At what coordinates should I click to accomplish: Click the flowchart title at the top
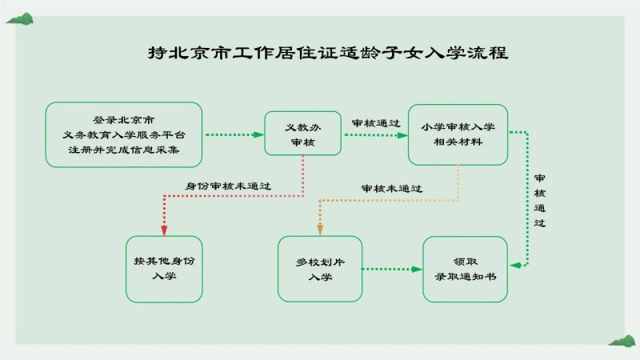click(328, 53)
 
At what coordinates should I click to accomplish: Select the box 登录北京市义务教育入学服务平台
click(124, 134)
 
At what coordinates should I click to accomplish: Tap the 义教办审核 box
click(303, 134)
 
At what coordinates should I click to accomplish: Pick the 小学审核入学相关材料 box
click(458, 134)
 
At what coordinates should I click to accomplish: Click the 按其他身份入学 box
click(164, 269)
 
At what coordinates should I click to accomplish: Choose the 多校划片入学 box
click(320, 269)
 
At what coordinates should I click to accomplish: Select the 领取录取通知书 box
click(466, 269)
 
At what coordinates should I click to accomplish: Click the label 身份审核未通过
click(228, 186)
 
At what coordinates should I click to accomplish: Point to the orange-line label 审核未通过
click(392, 188)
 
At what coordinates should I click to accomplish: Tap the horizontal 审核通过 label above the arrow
click(376, 123)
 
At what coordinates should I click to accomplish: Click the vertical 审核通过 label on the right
click(539, 201)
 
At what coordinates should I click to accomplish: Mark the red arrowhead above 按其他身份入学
click(164, 230)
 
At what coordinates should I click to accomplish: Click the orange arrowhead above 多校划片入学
click(320, 230)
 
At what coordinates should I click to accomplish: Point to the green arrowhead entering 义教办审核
click(258, 134)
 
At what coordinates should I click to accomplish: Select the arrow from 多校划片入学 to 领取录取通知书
click(392, 269)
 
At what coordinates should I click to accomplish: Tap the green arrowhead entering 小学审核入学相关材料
click(402, 135)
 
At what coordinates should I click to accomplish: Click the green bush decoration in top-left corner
click(20, 18)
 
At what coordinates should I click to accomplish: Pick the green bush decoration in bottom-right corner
click(622, 341)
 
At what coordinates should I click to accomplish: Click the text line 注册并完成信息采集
click(124, 150)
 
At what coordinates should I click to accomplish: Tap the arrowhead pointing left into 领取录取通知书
click(515, 266)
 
